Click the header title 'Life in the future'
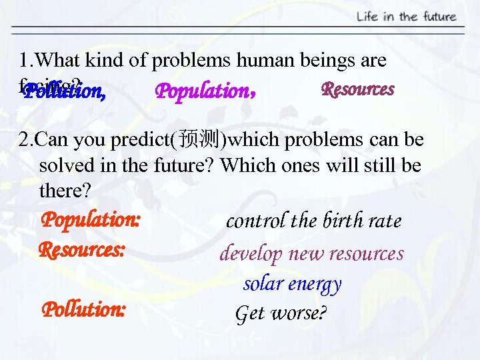[406, 17]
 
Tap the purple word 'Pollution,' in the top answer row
[64, 91]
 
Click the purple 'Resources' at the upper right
[357, 89]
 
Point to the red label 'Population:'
[91, 219]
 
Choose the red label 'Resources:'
[82, 251]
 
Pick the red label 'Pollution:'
[83, 309]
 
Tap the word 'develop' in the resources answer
[247, 254]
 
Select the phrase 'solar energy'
[292, 283]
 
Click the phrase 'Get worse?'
[281, 313]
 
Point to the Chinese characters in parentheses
[199, 140]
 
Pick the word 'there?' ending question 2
[64, 191]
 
